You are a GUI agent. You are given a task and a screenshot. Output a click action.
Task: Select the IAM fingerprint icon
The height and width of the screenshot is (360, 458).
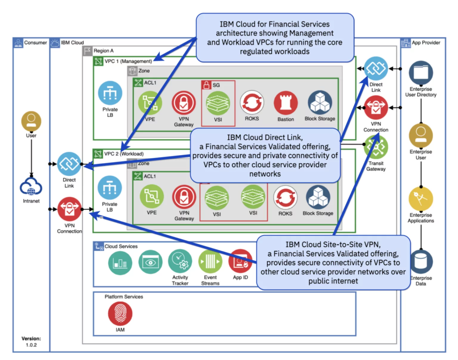[x=120, y=313]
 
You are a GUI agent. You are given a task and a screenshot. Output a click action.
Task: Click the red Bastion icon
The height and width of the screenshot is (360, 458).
[x=286, y=103]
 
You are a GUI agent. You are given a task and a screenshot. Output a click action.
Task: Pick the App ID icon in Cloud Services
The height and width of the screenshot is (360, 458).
[x=241, y=262]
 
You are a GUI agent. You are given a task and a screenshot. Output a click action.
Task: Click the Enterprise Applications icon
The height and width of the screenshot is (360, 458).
[x=421, y=199]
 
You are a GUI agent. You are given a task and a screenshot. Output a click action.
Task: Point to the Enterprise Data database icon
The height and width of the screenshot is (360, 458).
[x=421, y=262]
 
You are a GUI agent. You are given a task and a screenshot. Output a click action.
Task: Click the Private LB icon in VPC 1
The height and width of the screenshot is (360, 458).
[x=110, y=93]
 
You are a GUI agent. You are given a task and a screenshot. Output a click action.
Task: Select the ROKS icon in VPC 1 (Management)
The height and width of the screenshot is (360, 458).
[x=252, y=103]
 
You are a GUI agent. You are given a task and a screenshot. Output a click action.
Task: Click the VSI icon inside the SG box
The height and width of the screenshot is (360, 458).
[x=217, y=103]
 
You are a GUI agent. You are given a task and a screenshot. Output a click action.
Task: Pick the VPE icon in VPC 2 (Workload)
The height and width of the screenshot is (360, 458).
[x=152, y=197]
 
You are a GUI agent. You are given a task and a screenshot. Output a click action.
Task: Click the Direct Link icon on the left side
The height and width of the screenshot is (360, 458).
[x=69, y=164]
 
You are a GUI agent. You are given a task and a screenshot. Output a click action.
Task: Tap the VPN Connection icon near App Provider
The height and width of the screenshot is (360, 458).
[x=376, y=108]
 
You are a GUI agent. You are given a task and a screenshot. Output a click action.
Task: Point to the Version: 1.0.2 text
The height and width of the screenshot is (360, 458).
[x=31, y=342]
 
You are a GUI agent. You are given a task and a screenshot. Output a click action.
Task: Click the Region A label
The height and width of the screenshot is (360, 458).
[x=103, y=51]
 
